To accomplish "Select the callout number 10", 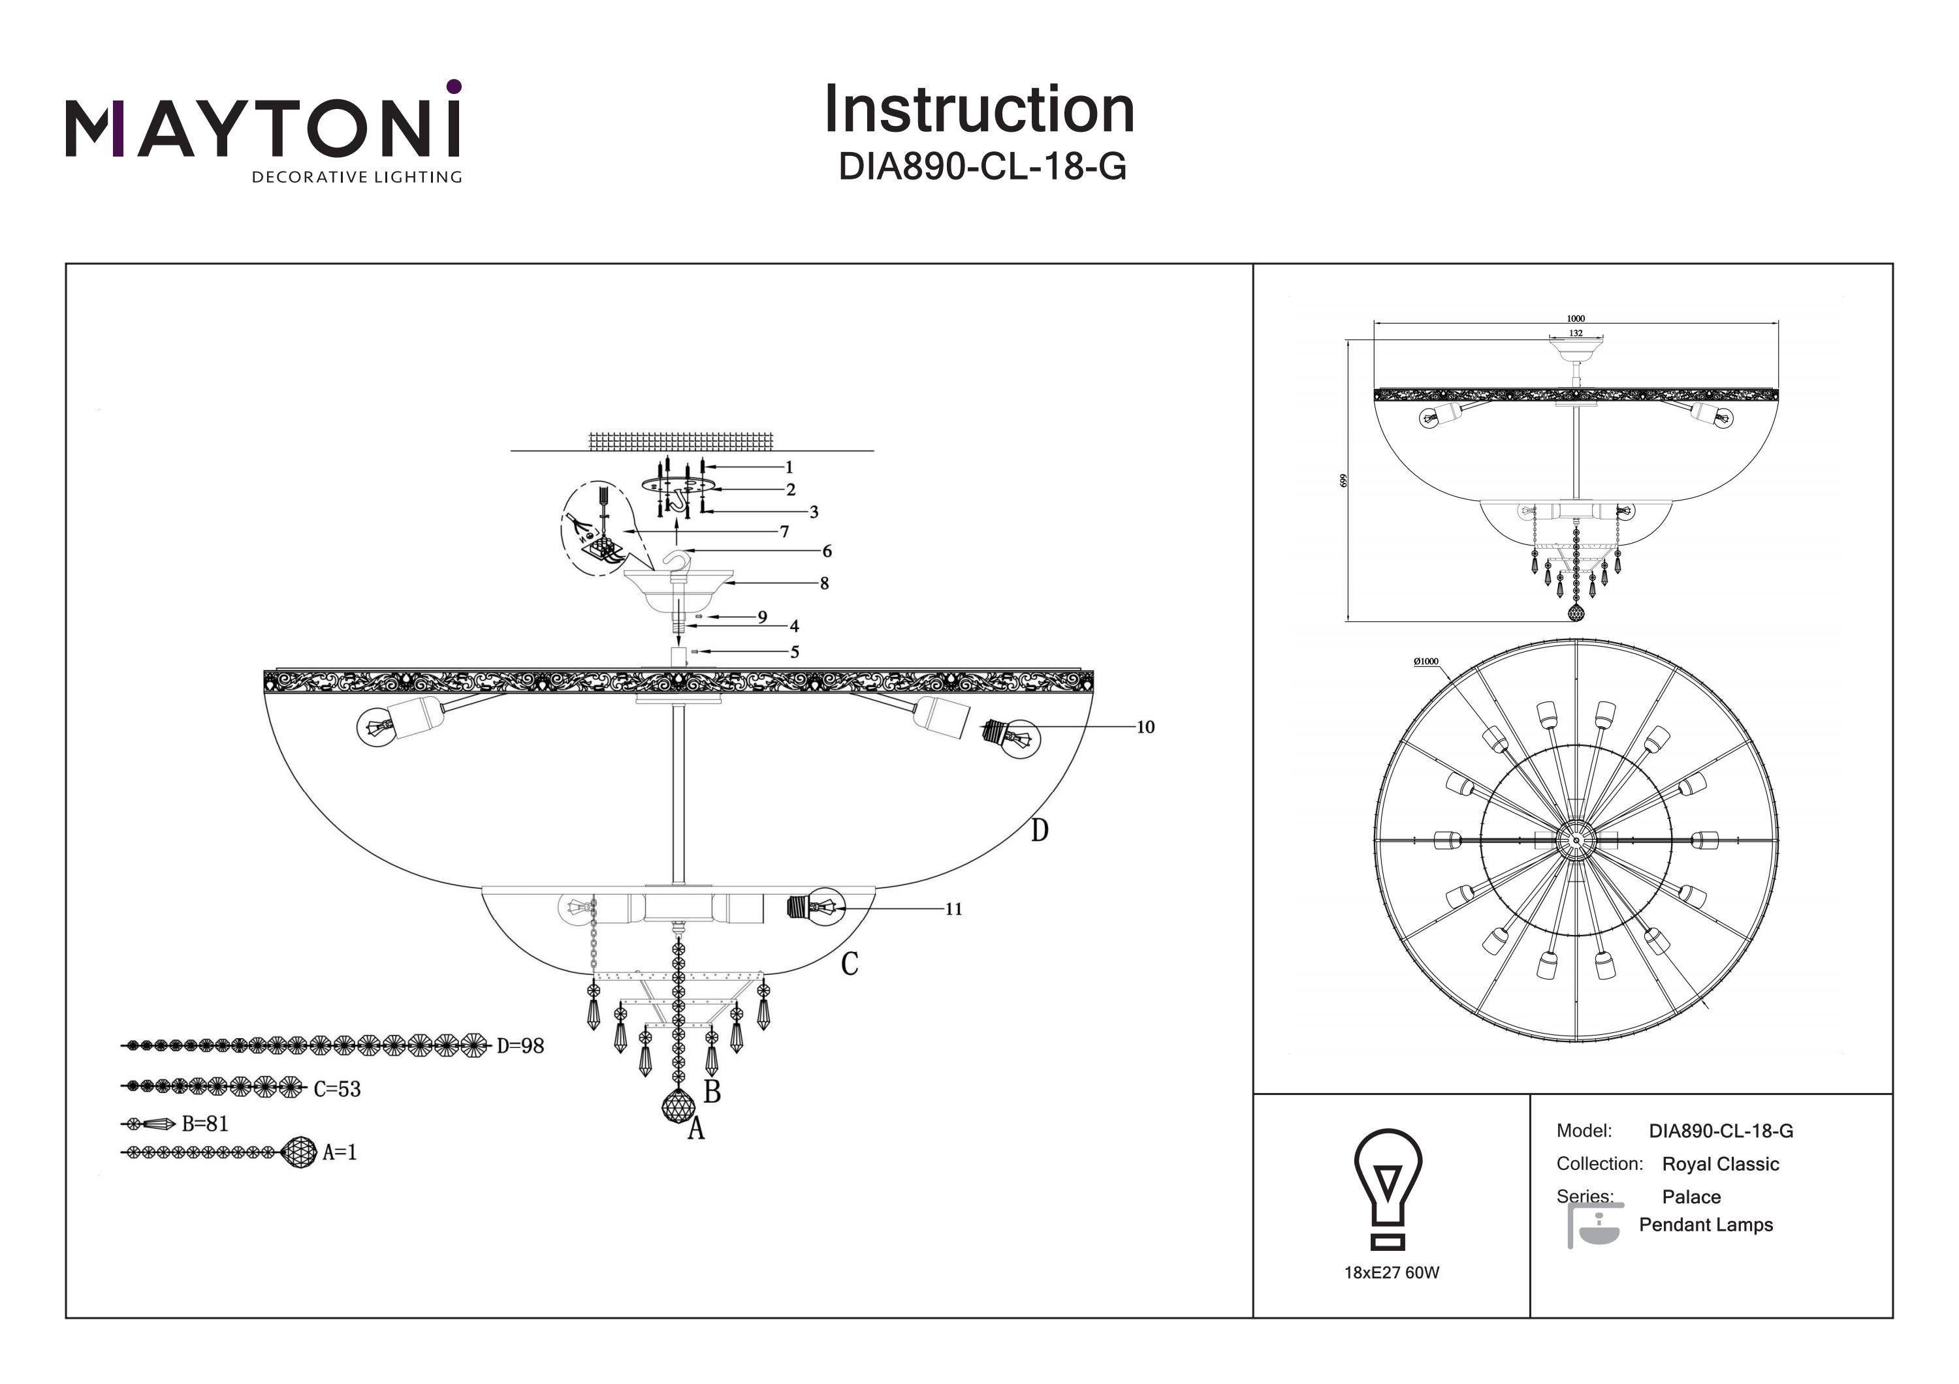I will tap(1145, 728).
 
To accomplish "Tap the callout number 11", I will tap(953, 909).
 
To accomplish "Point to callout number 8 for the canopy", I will tap(824, 584).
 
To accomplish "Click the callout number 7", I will tap(784, 531).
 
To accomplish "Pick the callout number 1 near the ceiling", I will tap(789, 467).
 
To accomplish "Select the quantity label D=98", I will tap(520, 1045).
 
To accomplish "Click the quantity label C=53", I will tap(337, 1089).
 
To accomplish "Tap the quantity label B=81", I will tap(205, 1124).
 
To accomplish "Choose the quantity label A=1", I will tap(340, 1153).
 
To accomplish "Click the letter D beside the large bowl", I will tap(1038, 831).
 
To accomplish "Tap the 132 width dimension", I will tap(1576, 333).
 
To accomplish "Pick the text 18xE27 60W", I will tap(1392, 1273).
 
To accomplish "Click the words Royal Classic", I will tap(1720, 1164).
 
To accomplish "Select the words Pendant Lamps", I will tap(1706, 1225).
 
